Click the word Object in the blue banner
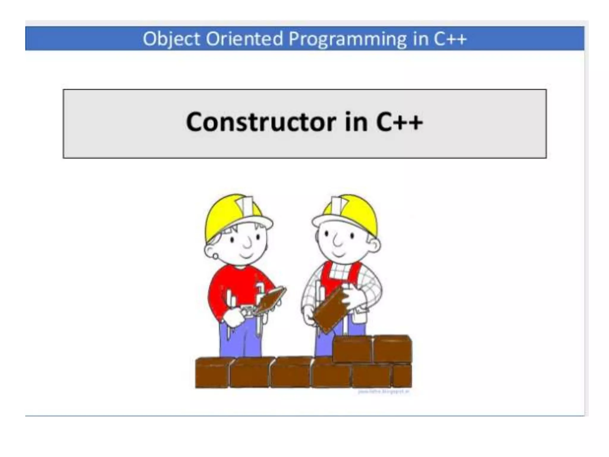click(171, 39)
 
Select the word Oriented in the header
click(244, 39)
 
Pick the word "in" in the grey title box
click(356, 122)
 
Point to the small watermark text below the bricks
click(384, 392)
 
